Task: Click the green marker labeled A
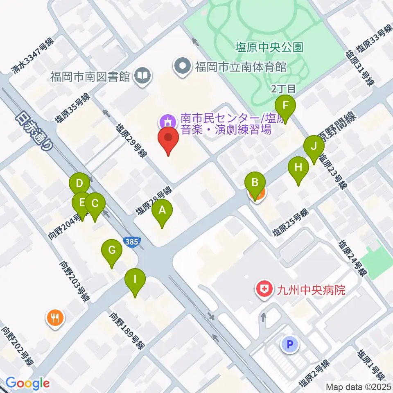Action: tap(162, 211)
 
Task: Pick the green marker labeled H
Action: tap(298, 168)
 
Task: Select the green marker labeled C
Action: tap(95, 203)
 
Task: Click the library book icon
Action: tap(143, 76)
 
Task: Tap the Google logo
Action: tap(27, 383)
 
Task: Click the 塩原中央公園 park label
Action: tap(269, 47)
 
